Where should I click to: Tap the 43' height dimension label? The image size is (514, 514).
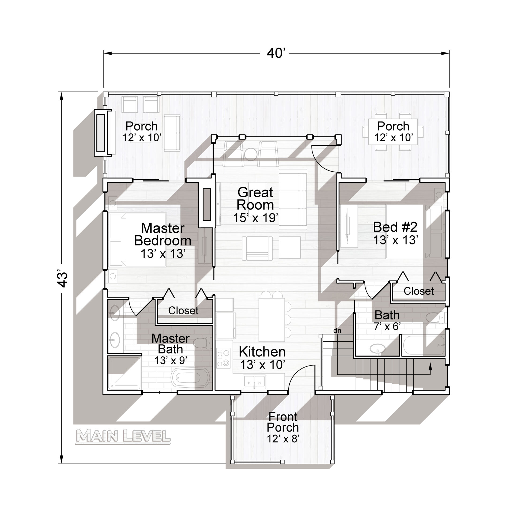pyautogui.click(x=63, y=280)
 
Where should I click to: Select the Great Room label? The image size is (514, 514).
pyautogui.click(x=255, y=199)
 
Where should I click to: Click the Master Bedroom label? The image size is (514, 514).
pyautogui.click(x=162, y=235)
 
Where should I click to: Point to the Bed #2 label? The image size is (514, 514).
pyautogui.click(x=395, y=227)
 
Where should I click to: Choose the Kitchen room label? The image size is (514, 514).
pyautogui.click(x=262, y=352)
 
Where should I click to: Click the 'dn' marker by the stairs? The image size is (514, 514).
pyautogui.click(x=337, y=331)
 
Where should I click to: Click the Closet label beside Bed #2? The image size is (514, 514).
pyautogui.click(x=419, y=291)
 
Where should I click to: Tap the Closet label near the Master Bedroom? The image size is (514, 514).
pyautogui.click(x=183, y=311)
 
